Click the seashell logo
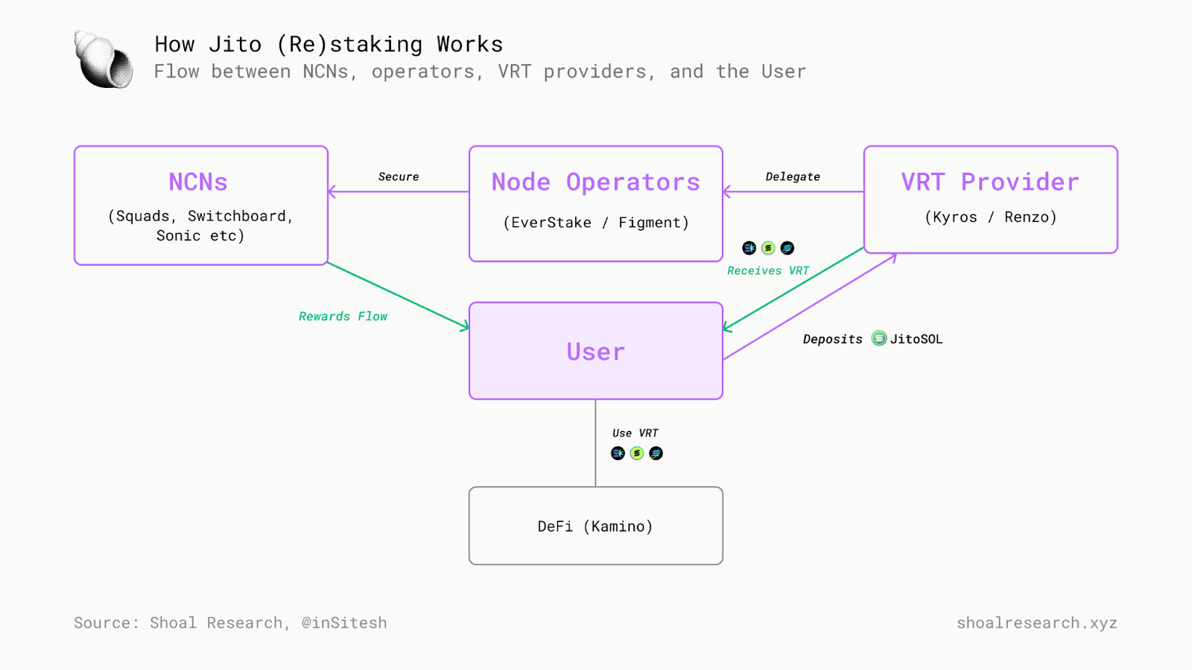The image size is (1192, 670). [104, 60]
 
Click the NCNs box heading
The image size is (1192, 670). [198, 182]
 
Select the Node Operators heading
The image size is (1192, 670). [595, 182]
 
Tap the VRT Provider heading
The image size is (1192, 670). [990, 182]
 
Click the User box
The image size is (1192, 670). [596, 351]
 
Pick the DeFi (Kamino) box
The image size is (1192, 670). [596, 526]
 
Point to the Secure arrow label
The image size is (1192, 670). [399, 176]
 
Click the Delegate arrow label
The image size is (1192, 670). [793, 176]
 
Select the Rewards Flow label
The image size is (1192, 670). [343, 316]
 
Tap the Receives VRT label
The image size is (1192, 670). [768, 271]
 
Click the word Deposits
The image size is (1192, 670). [833, 339]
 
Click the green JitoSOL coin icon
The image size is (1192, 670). [879, 338]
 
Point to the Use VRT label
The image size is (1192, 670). [635, 433]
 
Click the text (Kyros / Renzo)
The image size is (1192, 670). [991, 217]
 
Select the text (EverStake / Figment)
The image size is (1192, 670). [596, 223]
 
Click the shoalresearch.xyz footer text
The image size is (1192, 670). [1037, 622]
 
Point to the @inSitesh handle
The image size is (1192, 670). [344, 622]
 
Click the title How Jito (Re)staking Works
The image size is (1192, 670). [329, 44]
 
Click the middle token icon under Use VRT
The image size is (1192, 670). [637, 453]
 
